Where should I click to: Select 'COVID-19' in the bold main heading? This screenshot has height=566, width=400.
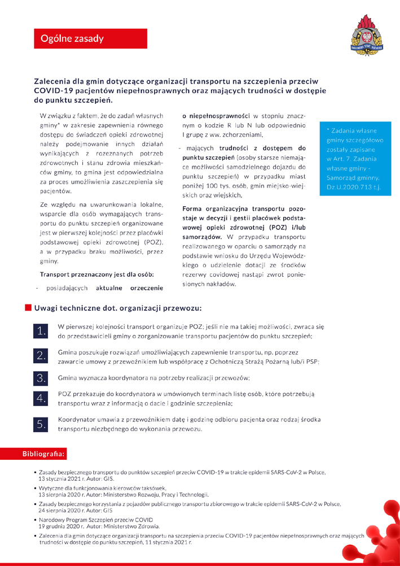(53, 90)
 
